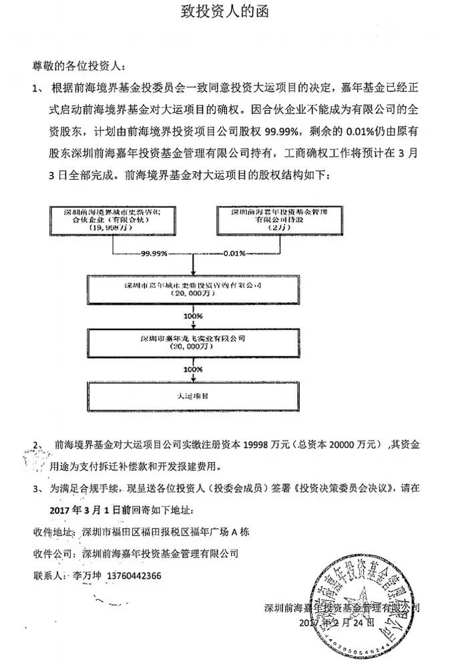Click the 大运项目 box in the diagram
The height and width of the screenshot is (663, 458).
pos(192,396)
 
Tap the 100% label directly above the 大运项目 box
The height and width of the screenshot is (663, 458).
pos(192,369)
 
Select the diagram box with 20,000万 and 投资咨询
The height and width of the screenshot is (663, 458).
pos(192,289)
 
